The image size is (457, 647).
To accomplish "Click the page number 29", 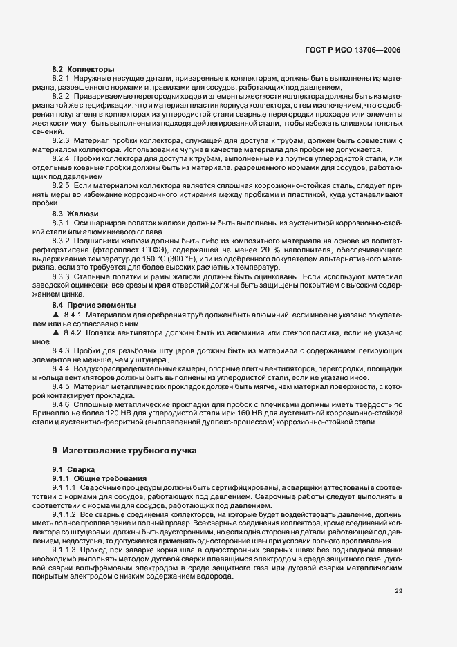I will click(x=399, y=590).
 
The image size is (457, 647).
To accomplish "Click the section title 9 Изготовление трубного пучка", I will click(x=124, y=450).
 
